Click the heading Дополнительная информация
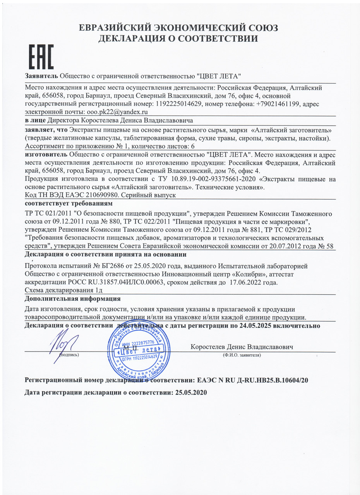click(72, 299)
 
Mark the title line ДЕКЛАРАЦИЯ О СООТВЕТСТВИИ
click(178, 38)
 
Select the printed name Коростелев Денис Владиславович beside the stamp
click(242, 346)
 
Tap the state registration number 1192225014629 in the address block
click(178, 104)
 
